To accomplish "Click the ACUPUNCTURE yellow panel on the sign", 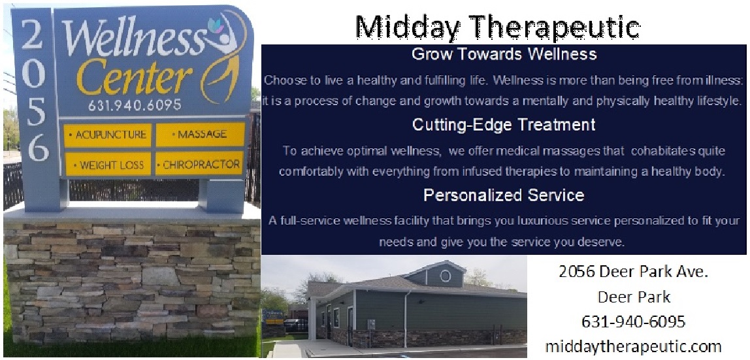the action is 107,135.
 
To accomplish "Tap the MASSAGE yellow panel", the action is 200,135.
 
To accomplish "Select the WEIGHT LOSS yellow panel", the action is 108,165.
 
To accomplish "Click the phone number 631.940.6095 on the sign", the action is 135,105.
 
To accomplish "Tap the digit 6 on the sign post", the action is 38,148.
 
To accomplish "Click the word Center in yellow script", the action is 135,76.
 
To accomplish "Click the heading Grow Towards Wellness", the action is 504,54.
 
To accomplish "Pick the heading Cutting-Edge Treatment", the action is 504,125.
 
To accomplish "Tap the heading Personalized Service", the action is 504,195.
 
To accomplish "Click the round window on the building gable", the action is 445,276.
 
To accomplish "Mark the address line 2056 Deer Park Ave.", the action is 633,272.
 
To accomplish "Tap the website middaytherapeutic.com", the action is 633,346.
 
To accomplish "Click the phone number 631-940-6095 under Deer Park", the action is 633,321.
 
